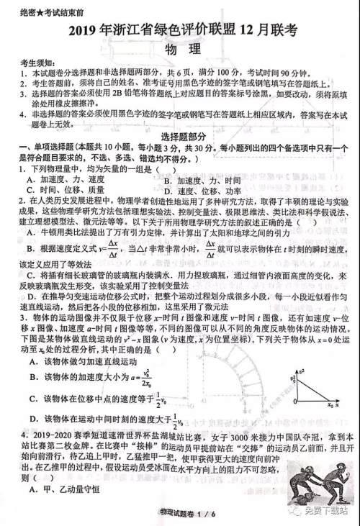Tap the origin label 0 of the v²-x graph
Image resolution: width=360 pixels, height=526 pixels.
click(x=292, y=397)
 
